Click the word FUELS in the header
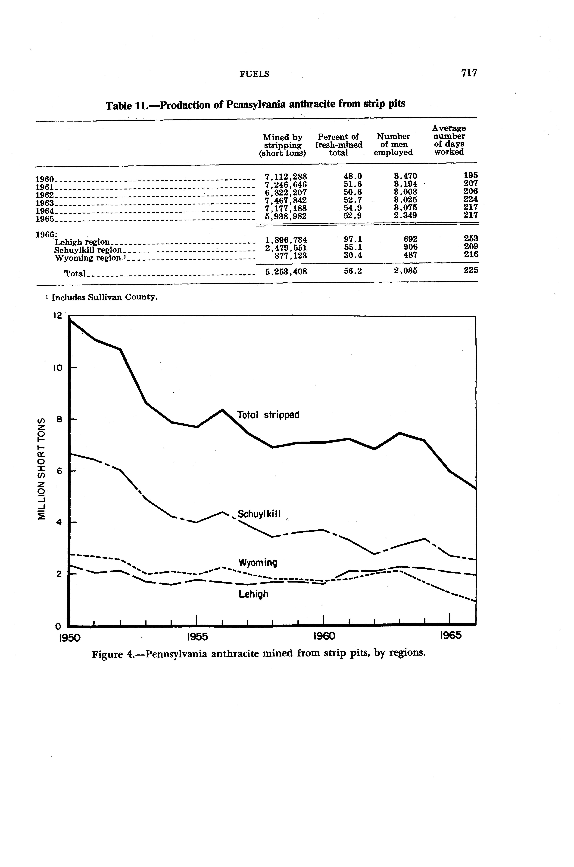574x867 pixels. tap(254, 74)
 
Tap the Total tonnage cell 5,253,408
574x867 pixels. tap(286, 272)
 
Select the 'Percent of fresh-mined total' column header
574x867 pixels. tap(339, 144)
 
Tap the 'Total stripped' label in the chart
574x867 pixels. tap(268, 415)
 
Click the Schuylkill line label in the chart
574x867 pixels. tap(259, 514)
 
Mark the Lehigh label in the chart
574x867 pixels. tap(253, 594)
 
